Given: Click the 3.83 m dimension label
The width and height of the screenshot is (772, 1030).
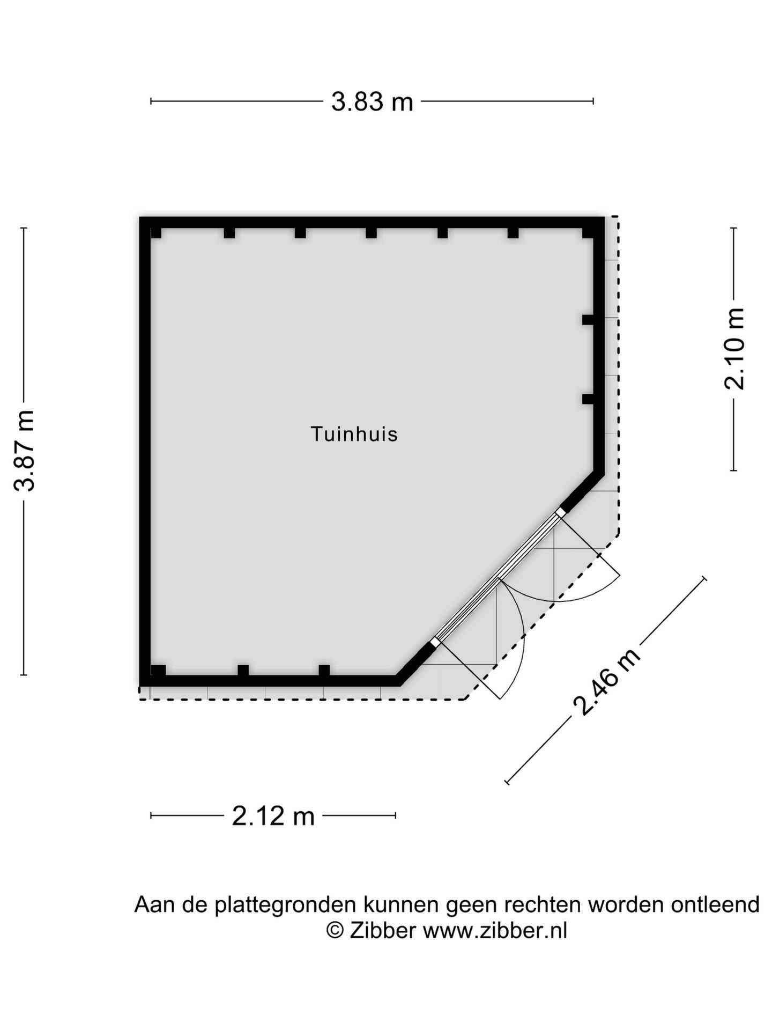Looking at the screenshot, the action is [372, 101].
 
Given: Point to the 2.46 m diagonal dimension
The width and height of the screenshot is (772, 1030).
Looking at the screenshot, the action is [606, 682].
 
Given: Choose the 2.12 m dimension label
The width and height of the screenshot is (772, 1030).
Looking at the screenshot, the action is [273, 816].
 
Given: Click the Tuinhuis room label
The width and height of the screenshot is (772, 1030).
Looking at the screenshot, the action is [354, 434].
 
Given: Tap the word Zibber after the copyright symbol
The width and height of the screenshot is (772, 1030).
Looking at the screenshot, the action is [382, 931].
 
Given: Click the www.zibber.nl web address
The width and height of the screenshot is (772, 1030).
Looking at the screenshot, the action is [495, 931].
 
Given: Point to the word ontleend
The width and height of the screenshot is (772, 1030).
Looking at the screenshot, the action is [715, 905].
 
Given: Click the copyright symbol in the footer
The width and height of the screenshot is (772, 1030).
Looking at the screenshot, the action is [335, 931].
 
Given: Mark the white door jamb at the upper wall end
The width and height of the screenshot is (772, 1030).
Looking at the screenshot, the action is [560, 513].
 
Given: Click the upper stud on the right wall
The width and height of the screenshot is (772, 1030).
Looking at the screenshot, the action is [588, 320].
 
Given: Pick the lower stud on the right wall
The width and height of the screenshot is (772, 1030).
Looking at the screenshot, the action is [588, 399].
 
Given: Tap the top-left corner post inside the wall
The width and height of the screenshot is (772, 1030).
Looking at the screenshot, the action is [156, 233].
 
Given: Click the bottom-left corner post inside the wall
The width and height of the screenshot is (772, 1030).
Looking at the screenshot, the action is [158, 671].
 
